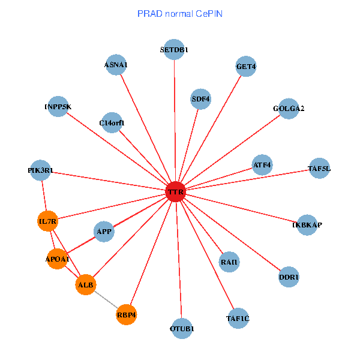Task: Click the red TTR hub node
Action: click(175, 192)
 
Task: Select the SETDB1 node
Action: click(174, 50)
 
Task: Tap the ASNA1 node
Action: click(116, 65)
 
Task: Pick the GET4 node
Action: click(246, 67)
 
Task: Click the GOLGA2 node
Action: click(289, 109)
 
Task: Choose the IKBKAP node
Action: click(307, 225)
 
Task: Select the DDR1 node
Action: click(289, 277)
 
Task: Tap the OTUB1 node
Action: click(182, 328)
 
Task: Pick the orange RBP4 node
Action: click(127, 314)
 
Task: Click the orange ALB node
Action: click(86, 285)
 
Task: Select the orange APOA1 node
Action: click(57, 259)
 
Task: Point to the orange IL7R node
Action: click(47, 221)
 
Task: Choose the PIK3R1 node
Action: click(40, 170)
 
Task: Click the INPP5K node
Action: click(58, 107)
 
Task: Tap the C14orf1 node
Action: click(112, 123)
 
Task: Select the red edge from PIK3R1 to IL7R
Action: click(44, 196)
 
